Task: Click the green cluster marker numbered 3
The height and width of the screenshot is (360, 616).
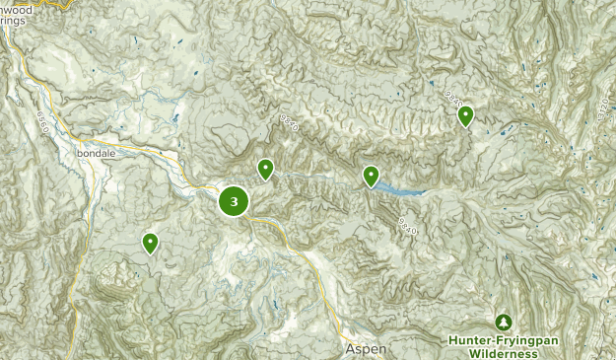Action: (234, 202)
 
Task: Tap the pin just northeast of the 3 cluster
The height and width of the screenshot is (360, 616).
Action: (265, 170)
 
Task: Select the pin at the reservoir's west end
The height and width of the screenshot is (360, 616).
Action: (371, 176)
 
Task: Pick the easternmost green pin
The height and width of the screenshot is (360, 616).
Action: (465, 115)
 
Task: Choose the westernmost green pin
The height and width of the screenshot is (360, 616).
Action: (150, 242)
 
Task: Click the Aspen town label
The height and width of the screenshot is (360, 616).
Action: (365, 350)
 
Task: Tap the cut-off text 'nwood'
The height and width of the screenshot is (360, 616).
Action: (17, 9)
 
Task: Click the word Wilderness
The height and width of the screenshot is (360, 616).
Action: (503, 353)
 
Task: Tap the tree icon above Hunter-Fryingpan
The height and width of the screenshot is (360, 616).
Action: (504, 323)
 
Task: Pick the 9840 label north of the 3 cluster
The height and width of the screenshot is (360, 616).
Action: (289, 124)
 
